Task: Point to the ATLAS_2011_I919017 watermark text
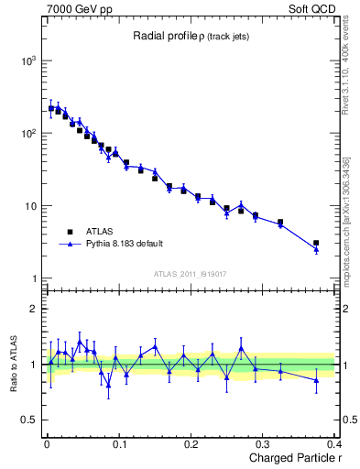191,273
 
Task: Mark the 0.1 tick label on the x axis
119,443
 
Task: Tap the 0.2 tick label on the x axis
191,443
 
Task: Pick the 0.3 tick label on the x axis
264,443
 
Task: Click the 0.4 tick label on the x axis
333,443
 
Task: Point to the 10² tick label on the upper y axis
29,134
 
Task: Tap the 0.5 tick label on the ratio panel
29,420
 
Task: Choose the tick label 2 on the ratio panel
34,309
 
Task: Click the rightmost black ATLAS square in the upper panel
316,244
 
